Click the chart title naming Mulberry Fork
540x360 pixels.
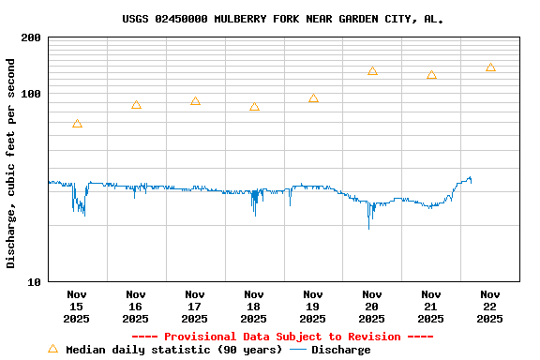[282, 19]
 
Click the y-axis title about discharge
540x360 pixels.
[11, 163]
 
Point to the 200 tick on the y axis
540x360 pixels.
[31, 38]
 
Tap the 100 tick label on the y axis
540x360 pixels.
[31, 94]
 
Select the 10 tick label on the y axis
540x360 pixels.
[35, 281]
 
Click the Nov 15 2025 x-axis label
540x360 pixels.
[77, 307]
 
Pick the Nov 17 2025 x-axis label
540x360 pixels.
[195, 307]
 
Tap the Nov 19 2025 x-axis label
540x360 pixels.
[313, 307]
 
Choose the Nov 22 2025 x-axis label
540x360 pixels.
[490, 307]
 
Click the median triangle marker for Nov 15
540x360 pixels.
[77, 124]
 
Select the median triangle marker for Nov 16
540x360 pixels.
[136, 105]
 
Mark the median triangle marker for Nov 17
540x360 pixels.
[195, 101]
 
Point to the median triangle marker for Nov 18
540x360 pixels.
[254, 107]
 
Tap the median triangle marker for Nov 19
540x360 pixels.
[313, 98]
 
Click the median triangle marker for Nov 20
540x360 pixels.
[372, 71]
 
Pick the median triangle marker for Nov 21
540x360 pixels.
[431, 75]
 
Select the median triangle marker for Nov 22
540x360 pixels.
[490, 67]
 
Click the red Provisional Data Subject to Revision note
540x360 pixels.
[282, 337]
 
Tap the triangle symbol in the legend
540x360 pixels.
[52, 349]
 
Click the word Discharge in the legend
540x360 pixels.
[340, 350]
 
